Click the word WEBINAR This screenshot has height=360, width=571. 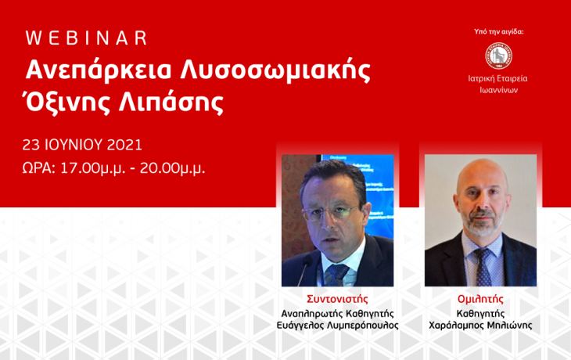(86, 38)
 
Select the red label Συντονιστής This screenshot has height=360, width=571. (337, 299)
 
